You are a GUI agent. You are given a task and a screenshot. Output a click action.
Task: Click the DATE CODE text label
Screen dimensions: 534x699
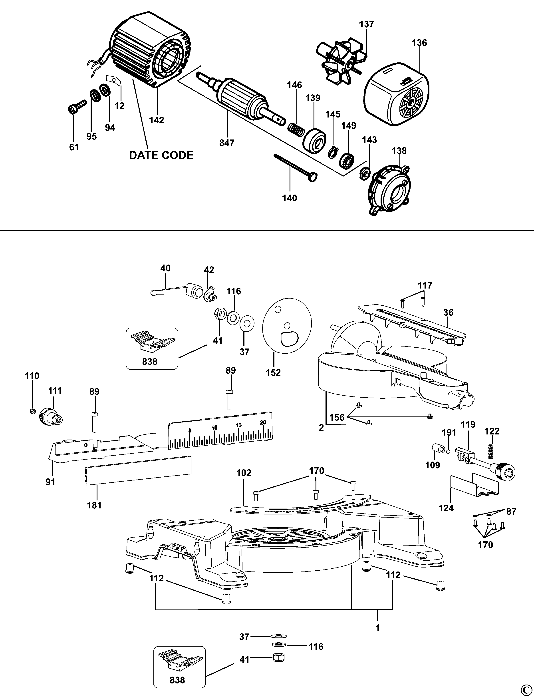tap(161, 155)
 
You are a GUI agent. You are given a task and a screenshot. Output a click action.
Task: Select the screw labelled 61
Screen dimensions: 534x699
tap(77, 106)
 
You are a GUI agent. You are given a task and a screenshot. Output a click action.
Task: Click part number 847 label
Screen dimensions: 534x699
tap(227, 143)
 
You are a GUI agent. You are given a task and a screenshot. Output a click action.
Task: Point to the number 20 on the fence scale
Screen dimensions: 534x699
tap(262, 422)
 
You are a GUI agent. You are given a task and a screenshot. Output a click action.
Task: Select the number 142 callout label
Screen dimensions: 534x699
tap(157, 120)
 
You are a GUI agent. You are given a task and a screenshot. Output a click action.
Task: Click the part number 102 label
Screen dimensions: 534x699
tap(244, 473)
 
